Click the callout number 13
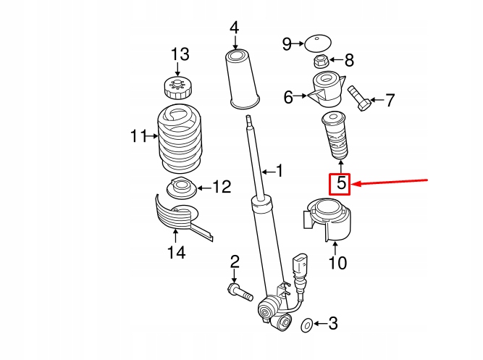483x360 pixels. pyautogui.click(x=179, y=54)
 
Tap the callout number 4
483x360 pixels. pyautogui.click(x=234, y=28)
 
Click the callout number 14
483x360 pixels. pyautogui.click(x=176, y=252)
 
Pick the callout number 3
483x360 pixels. pyautogui.click(x=332, y=324)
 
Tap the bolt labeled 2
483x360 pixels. pyautogui.click(x=238, y=292)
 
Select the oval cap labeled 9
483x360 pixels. pyautogui.click(x=316, y=43)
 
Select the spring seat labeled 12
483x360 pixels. pyautogui.click(x=180, y=190)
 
